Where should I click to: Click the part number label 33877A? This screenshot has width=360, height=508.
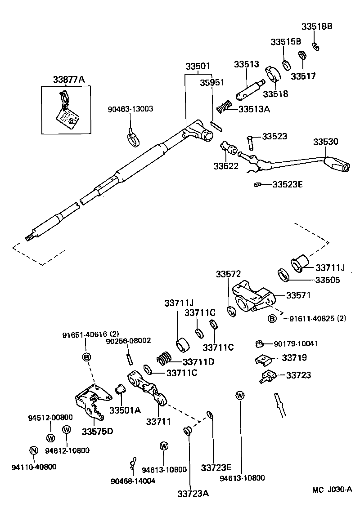tap(68, 80)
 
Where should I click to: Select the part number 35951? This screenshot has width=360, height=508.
tap(212, 83)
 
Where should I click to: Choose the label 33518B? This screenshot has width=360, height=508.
tap(317, 27)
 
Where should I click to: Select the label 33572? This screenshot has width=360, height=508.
tap(228, 274)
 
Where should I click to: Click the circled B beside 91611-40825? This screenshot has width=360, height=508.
tap(272, 319)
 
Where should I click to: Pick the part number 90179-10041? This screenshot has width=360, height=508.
tap(296, 344)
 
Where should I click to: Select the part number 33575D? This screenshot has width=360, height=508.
tap(97, 431)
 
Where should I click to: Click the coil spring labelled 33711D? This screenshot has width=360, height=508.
tap(164, 359)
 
